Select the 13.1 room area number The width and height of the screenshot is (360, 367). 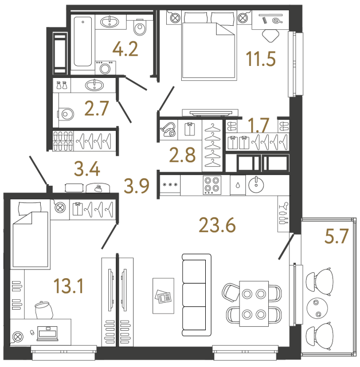pos(68,285)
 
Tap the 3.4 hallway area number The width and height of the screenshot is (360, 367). pos(88,169)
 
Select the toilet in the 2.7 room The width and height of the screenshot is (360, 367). pos(66,114)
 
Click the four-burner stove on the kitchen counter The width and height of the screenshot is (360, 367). pos(212,185)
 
